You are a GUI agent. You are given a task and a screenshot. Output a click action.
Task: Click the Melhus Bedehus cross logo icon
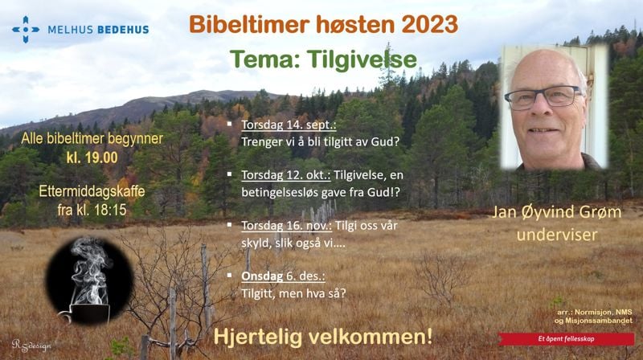[x=26, y=29]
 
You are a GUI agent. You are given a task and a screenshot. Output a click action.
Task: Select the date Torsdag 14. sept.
[x=289, y=126]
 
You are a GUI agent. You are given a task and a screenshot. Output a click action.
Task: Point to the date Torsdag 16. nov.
[x=289, y=225]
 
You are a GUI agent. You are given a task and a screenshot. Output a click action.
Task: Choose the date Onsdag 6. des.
[x=282, y=276]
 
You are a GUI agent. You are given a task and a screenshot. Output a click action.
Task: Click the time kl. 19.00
[x=92, y=157]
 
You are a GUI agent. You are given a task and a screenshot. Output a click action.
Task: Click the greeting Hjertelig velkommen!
[x=323, y=335]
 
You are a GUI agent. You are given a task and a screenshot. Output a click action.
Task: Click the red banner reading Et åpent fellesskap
[x=566, y=338]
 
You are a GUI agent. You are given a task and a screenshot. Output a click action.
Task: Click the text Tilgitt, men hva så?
[x=293, y=293]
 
